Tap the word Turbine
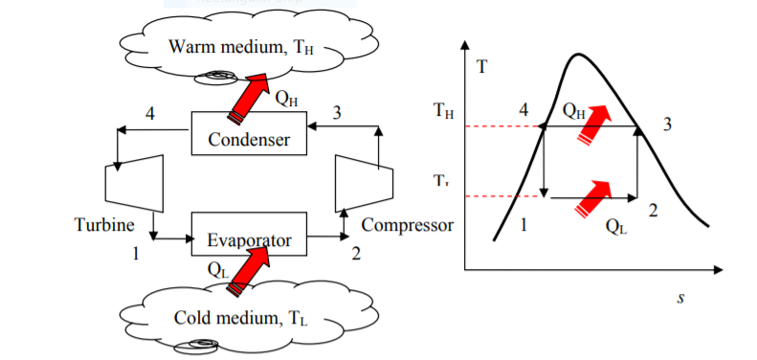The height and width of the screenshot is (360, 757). coord(103,225)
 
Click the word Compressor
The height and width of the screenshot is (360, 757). coord(408,225)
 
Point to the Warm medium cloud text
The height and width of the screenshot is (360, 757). coord(240,47)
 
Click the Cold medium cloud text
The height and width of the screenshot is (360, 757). coord(240,319)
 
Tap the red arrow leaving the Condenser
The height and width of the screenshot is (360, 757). coord(248,99)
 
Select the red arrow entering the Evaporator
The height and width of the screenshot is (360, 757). coord(248,270)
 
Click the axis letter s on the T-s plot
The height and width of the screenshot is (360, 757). coord(680,297)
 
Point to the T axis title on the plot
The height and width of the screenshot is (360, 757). coord(481,67)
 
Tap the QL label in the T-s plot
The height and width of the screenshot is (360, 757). coord(616,226)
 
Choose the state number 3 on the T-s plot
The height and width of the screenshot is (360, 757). coord(667,124)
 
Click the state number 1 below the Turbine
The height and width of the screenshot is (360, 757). coord(136,253)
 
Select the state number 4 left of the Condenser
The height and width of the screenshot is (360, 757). coord(150,115)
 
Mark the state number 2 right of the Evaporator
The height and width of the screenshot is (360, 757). coord(356,253)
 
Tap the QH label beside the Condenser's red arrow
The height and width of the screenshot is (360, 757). coord(286,99)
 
